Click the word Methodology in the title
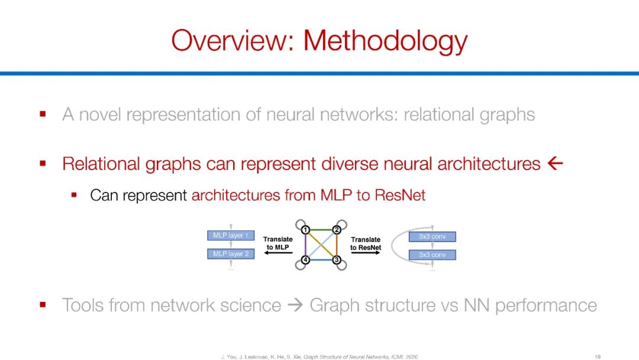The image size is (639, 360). (x=385, y=41)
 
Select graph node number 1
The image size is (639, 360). (x=305, y=230)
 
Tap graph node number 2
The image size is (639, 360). (x=336, y=230)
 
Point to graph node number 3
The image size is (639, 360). (x=336, y=260)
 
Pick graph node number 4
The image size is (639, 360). (x=305, y=260)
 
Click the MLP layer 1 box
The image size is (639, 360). (x=231, y=236)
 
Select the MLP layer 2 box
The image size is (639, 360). (x=231, y=254)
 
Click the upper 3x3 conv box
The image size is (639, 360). (x=432, y=237)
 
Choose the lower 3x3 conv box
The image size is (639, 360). (x=432, y=255)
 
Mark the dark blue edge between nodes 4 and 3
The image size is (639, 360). (x=321, y=260)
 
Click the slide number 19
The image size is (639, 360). (x=598, y=356)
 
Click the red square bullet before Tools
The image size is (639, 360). (x=43, y=305)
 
